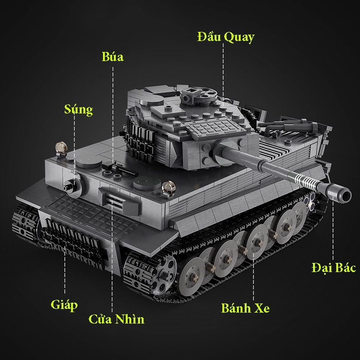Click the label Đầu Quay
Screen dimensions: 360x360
[x=226, y=37]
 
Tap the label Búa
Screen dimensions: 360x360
[x=113, y=57]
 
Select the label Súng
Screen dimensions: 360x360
[x=78, y=109]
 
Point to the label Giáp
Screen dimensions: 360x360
[x=64, y=304]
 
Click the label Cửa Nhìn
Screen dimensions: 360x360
[x=116, y=319]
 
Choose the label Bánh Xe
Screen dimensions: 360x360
[x=245, y=308]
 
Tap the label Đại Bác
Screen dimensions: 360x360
[x=333, y=267]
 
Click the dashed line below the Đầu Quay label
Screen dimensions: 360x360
[x=223, y=68]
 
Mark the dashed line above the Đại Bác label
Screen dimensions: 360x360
[x=333, y=232]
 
